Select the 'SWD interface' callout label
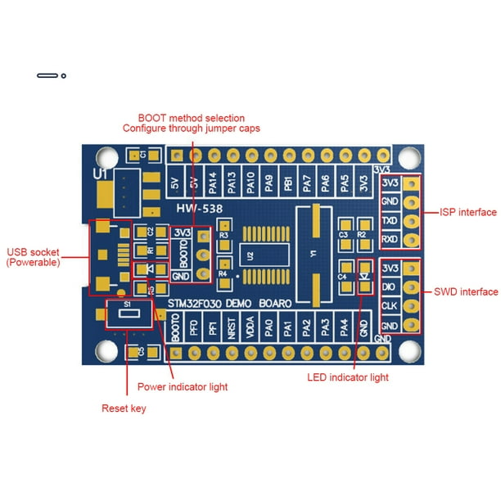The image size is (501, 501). pos(464,291)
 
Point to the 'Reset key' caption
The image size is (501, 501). pos(124,408)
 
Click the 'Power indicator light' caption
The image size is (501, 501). pos(182,387)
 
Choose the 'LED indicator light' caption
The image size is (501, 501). pos(348,377)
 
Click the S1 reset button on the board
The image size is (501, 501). pos(128,313)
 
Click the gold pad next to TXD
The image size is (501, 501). pos(413,221)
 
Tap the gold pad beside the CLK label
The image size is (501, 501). pos(413,308)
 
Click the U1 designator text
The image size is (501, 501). pos(101,175)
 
